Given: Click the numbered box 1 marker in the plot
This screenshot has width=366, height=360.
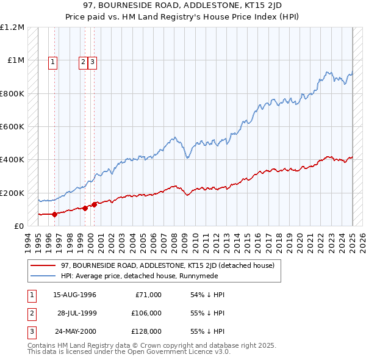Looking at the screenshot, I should coord(53,61).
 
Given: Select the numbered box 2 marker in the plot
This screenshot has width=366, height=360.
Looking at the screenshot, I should coord(82,61).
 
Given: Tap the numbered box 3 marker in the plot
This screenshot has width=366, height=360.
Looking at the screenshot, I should coord(92,61).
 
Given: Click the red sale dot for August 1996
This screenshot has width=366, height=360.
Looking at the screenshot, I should coord(54,214).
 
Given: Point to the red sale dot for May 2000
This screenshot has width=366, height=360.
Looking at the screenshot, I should coord(95,204).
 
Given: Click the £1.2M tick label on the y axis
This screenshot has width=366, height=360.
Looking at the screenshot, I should coord(12,27).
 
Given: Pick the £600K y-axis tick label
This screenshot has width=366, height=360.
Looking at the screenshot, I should coord(12,127).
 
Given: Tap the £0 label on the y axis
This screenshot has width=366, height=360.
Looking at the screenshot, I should coord(20,226).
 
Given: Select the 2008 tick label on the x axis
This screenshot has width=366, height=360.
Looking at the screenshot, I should coord(174,241).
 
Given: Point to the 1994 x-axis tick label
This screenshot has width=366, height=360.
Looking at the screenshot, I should coord(27,241).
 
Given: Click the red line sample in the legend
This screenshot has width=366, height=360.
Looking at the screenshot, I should coord(43,265).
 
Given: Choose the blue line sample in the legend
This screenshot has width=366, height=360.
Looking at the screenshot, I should coord(43,275).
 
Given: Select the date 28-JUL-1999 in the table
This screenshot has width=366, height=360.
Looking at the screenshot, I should coord(77,313).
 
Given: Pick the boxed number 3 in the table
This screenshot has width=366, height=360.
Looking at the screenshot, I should coord(30,331).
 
